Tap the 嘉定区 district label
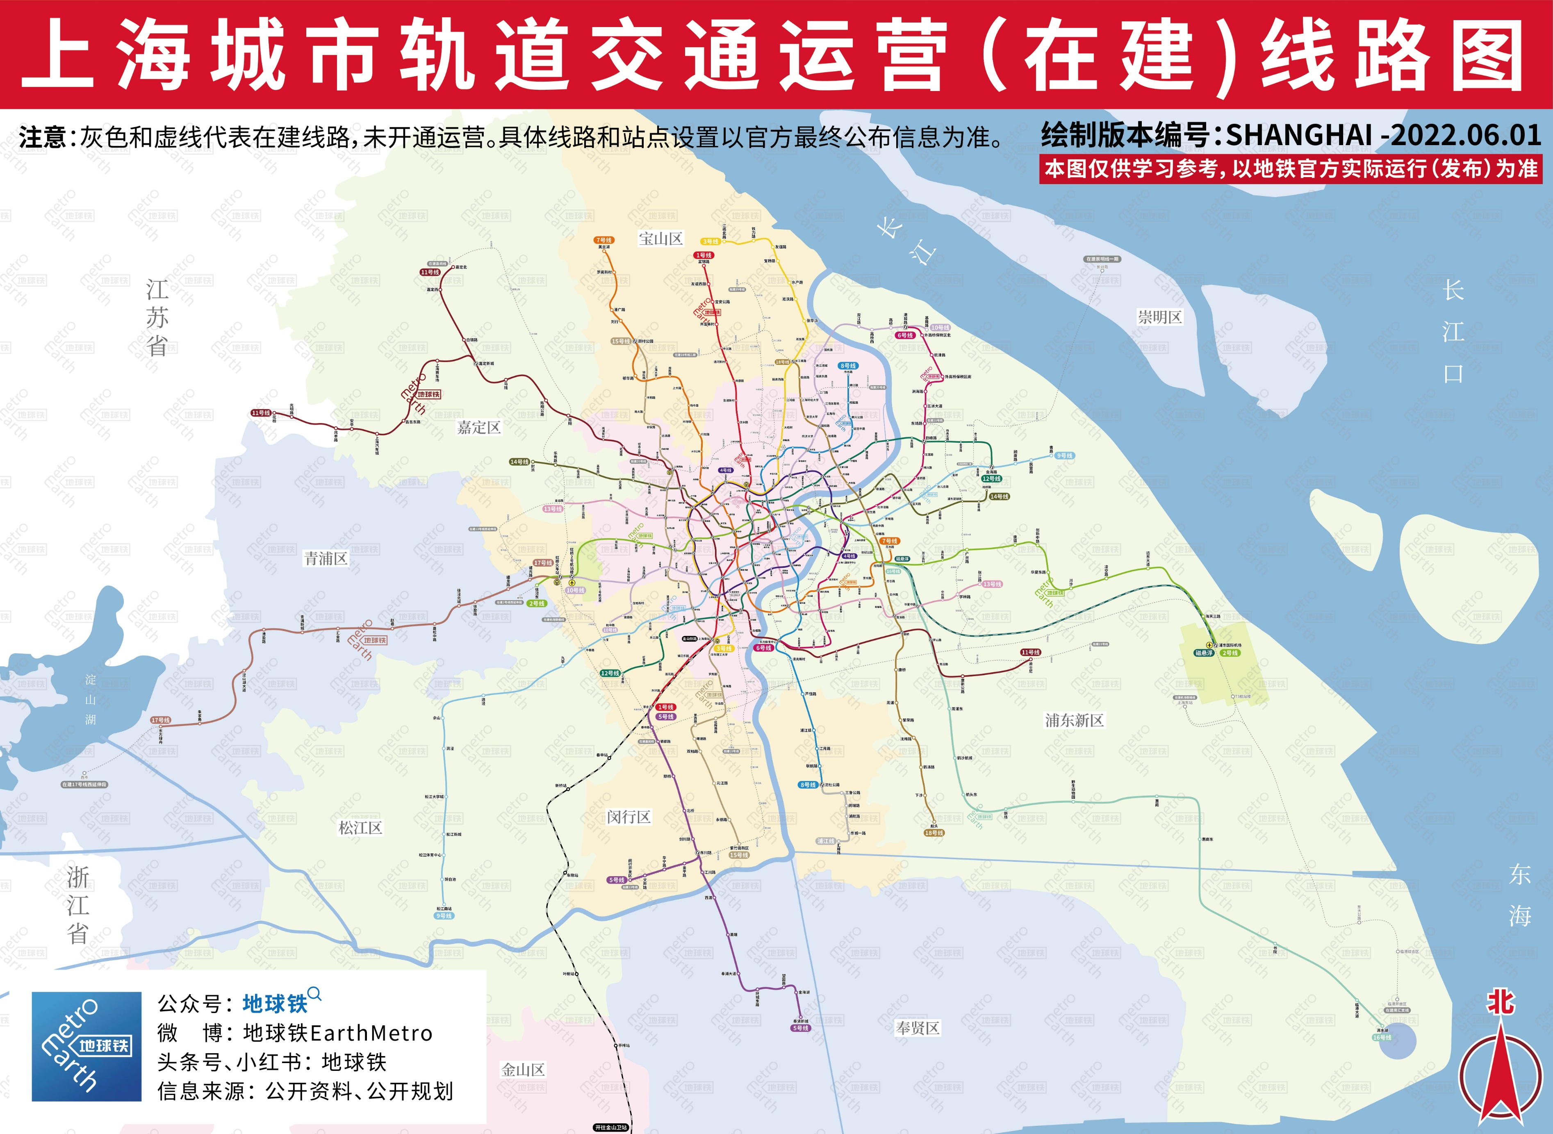[x=479, y=428]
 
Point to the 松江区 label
[x=360, y=827]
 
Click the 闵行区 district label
[x=628, y=817]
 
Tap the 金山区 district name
[x=523, y=1070]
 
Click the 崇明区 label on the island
[x=1160, y=317]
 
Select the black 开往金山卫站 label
[x=611, y=1127]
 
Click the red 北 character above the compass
[x=1500, y=1003]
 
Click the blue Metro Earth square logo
[x=87, y=1046]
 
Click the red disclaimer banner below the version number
[x=1290, y=169]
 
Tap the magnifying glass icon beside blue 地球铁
[x=314, y=993]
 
